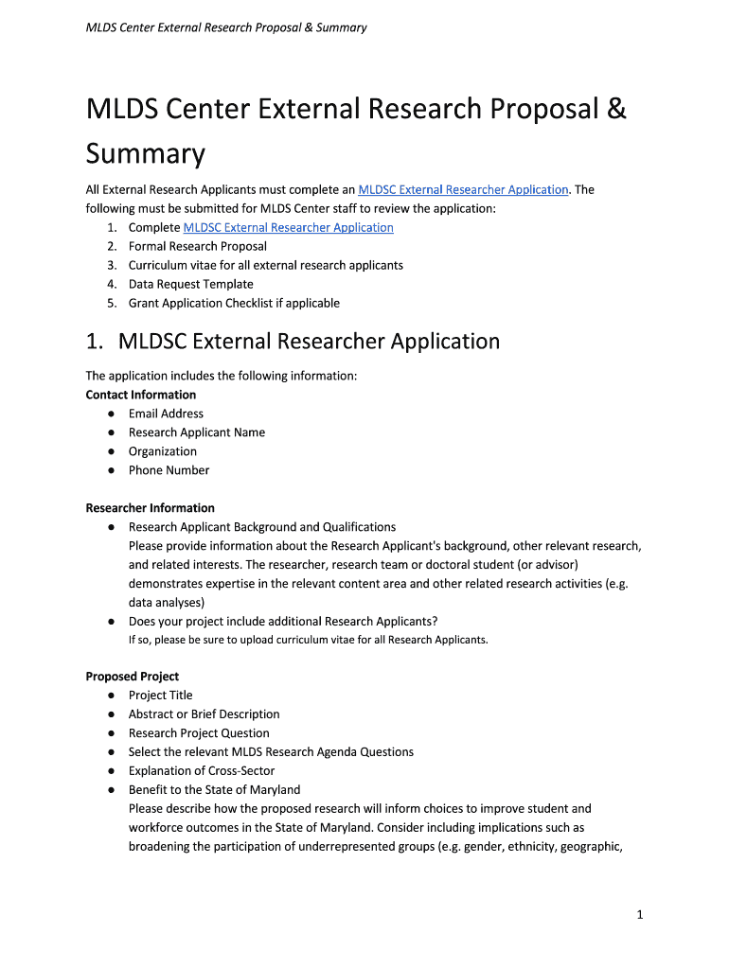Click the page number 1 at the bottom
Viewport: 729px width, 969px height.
point(640,914)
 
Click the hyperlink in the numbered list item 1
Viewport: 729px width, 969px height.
point(288,227)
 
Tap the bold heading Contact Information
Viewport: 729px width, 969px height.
point(141,395)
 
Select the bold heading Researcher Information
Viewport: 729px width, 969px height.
point(150,508)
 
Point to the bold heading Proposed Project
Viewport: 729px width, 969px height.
point(133,677)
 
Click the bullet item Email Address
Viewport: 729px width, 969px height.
point(166,414)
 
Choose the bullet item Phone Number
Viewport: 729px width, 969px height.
point(169,470)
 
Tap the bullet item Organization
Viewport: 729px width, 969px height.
point(163,451)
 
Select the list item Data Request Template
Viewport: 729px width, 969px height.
point(191,284)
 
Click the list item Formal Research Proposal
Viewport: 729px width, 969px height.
point(198,246)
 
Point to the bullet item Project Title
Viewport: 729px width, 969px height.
point(160,696)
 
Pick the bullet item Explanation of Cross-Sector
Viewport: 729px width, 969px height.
point(202,771)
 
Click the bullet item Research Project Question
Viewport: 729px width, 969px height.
point(199,733)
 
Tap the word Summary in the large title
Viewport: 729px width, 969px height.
point(145,154)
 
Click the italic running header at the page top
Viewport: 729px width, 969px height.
point(226,27)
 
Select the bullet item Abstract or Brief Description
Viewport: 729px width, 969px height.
point(204,714)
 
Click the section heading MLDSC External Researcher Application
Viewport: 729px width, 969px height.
point(313,341)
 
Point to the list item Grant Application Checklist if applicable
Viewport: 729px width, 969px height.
point(234,303)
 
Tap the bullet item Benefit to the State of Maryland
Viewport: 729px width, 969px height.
point(214,790)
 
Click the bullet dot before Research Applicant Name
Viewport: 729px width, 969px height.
point(112,432)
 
